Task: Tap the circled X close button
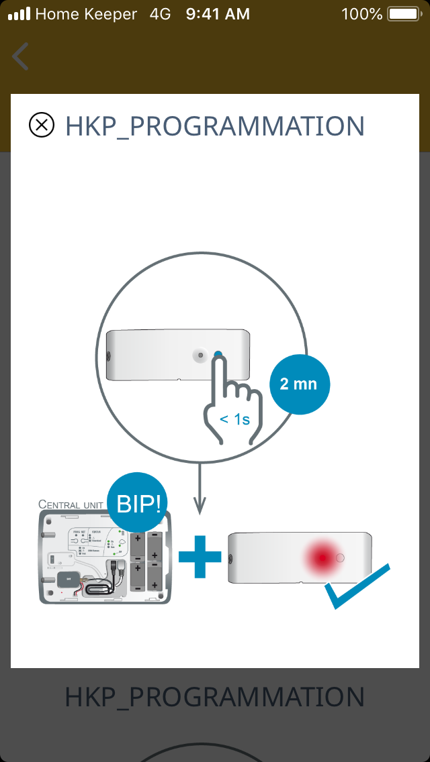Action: point(42,125)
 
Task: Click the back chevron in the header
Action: point(21,57)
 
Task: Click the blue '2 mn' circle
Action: point(299,385)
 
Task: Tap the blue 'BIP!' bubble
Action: point(139,504)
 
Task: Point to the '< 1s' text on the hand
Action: point(234,420)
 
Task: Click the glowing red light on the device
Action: point(322,557)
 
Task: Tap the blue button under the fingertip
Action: point(218,355)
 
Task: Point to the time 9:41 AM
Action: point(218,13)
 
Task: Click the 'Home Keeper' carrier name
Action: point(86,13)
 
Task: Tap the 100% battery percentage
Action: point(361,13)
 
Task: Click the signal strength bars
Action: point(19,13)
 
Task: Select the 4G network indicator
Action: point(161,13)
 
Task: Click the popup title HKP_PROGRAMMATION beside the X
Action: point(214,126)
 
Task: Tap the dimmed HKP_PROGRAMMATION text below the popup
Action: point(214,698)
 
